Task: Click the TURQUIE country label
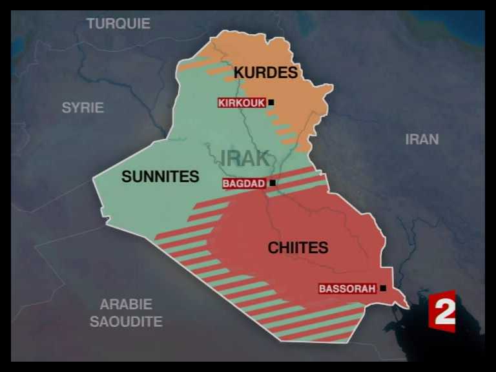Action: tap(118, 24)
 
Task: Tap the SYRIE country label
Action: tap(83, 108)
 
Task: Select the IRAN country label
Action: tap(422, 139)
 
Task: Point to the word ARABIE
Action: tap(126, 304)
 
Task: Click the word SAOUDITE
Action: tap(126, 321)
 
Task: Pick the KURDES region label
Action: tap(265, 72)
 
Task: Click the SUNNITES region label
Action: tap(160, 176)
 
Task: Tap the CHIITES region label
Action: tap(298, 247)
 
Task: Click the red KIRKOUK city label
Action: tap(242, 103)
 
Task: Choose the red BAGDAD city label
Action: tap(243, 183)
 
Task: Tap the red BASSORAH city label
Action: tap(347, 289)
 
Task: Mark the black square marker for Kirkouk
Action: tap(271, 102)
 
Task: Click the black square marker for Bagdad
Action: tap(273, 183)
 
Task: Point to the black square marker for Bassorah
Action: tap(383, 289)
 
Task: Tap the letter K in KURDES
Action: tap(239, 72)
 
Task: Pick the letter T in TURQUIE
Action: tap(91, 24)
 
